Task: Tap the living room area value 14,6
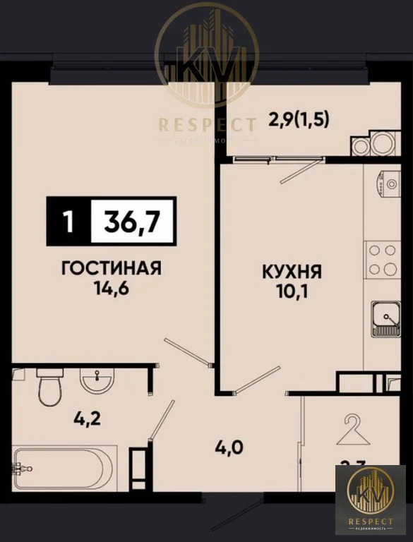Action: [x=112, y=288]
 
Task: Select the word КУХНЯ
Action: [x=292, y=270]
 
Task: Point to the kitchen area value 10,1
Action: [x=292, y=290]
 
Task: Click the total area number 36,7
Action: [x=130, y=222]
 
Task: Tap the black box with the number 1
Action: [x=68, y=222]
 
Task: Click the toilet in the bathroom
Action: [x=50, y=389]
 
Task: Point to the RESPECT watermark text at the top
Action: [x=207, y=126]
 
